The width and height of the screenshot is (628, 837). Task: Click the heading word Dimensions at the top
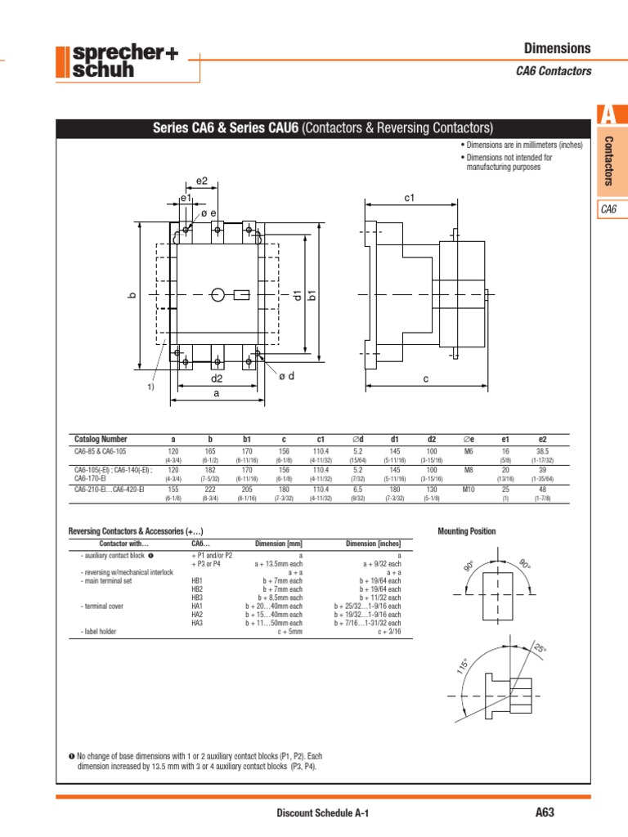[x=557, y=49]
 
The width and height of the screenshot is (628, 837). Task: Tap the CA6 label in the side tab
[x=608, y=209]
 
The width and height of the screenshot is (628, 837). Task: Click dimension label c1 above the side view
[x=410, y=198]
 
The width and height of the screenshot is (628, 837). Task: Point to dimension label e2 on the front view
[x=202, y=181]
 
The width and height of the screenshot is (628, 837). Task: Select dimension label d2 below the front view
[x=217, y=378]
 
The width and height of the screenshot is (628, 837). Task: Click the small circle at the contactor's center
[x=218, y=294]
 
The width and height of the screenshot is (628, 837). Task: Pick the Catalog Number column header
[x=101, y=439]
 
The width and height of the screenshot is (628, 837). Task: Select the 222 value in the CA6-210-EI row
[x=210, y=490]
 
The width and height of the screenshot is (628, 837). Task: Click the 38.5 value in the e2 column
[x=542, y=450]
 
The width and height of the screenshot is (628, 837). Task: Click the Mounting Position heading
[x=467, y=531]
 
